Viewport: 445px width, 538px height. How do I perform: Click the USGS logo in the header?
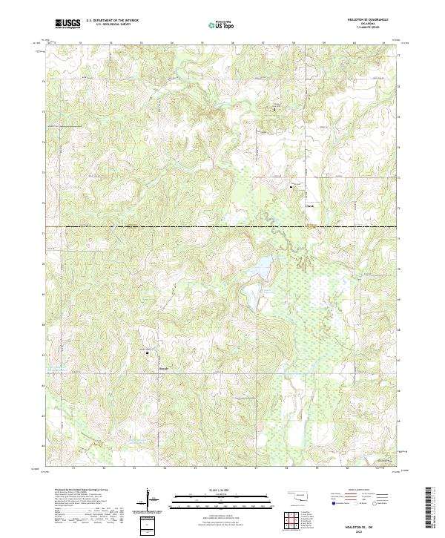pyautogui.click(x=68, y=24)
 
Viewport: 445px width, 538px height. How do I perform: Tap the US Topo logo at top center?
pyautogui.click(x=219, y=24)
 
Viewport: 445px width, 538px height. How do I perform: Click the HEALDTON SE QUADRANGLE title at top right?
pyautogui.click(x=378, y=20)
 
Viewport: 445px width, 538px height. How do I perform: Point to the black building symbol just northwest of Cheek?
pyautogui.click(x=290, y=187)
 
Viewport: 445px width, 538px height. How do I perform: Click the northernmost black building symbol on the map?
pyautogui.click(x=274, y=110)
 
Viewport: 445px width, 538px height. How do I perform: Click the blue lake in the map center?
pyautogui.click(x=263, y=269)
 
